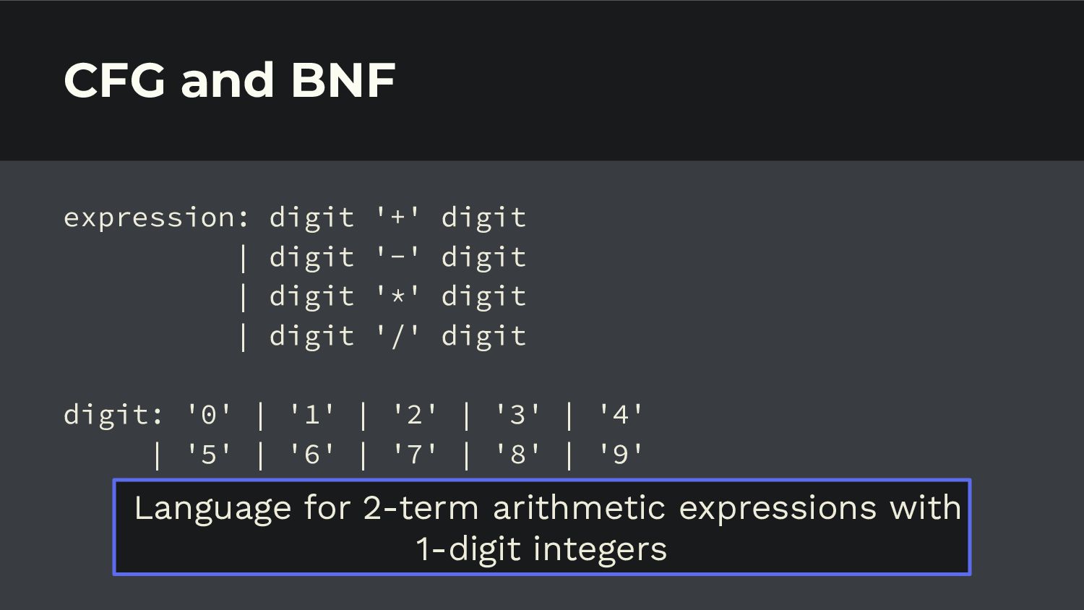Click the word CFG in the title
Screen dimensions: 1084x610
(x=115, y=80)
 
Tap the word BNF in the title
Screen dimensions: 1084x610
(x=343, y=80)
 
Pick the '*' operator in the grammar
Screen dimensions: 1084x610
(x=397, y=296)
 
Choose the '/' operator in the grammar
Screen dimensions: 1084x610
(x=397, y=335)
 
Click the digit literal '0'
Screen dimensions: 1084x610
(x=209, y=414)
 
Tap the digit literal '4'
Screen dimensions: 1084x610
(x=621, y=414)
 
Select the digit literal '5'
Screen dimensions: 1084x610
(x=209, y=454)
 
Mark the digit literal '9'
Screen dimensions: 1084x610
(x=621, y=454)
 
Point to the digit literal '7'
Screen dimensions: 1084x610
(x=415, y=454)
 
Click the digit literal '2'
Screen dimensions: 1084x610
(x=415, y=414)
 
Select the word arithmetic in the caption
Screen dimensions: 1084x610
(x=579, y=507)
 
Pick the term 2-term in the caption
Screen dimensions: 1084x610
(x=421, y=507)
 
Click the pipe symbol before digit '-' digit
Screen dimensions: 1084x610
(x=243, y=259)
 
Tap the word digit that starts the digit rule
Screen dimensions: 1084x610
(x=107, y=416)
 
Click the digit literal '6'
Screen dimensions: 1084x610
(x=312, y=454)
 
